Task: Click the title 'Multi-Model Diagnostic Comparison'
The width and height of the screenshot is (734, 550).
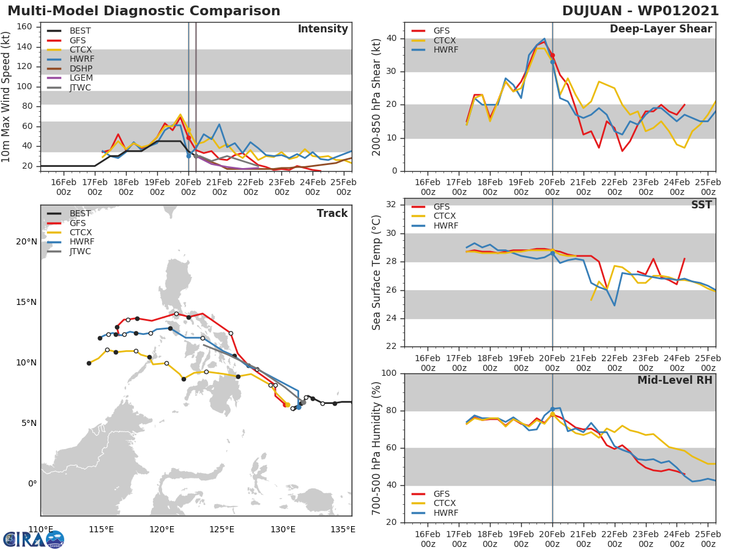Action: [144, 11]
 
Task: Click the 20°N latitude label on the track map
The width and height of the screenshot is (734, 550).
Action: [27, 241]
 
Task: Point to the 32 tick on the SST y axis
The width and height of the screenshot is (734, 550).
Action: [392, 205]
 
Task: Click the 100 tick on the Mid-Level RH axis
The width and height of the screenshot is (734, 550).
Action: [389, 373]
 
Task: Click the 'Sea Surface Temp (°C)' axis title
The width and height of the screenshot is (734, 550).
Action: [377, 272]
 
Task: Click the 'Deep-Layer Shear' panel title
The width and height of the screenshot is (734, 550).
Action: [661, 29]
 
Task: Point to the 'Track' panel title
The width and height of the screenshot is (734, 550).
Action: [332, 213]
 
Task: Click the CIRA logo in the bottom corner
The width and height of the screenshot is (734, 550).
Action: [34, 540]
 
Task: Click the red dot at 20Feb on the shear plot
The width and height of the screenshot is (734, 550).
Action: [552, 55]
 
